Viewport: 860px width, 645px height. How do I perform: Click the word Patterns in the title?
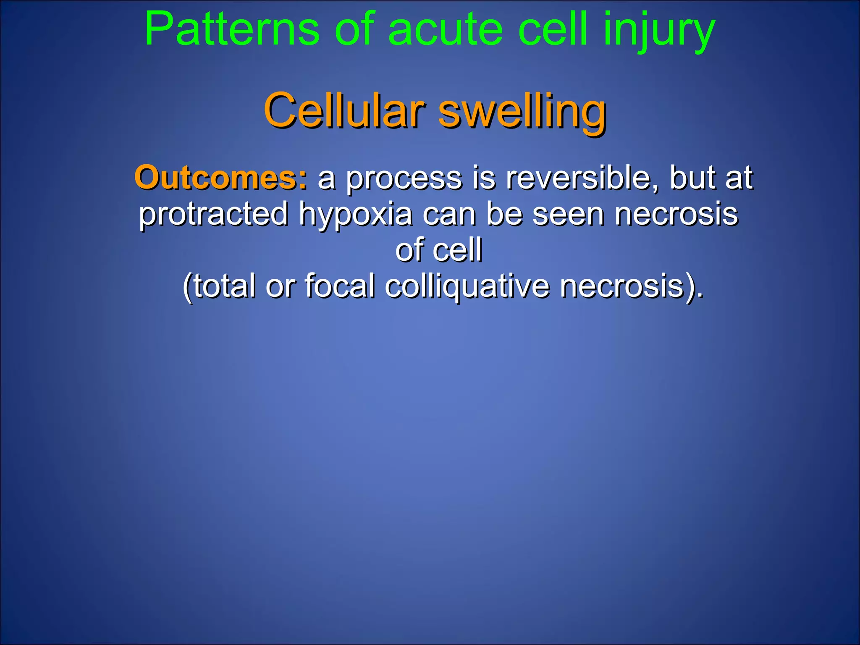point(232,29)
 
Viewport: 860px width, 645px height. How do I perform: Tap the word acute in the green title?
point(446,29)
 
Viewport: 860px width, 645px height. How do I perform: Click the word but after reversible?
point(692,178)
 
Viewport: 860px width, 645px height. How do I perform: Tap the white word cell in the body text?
point(457,250)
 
